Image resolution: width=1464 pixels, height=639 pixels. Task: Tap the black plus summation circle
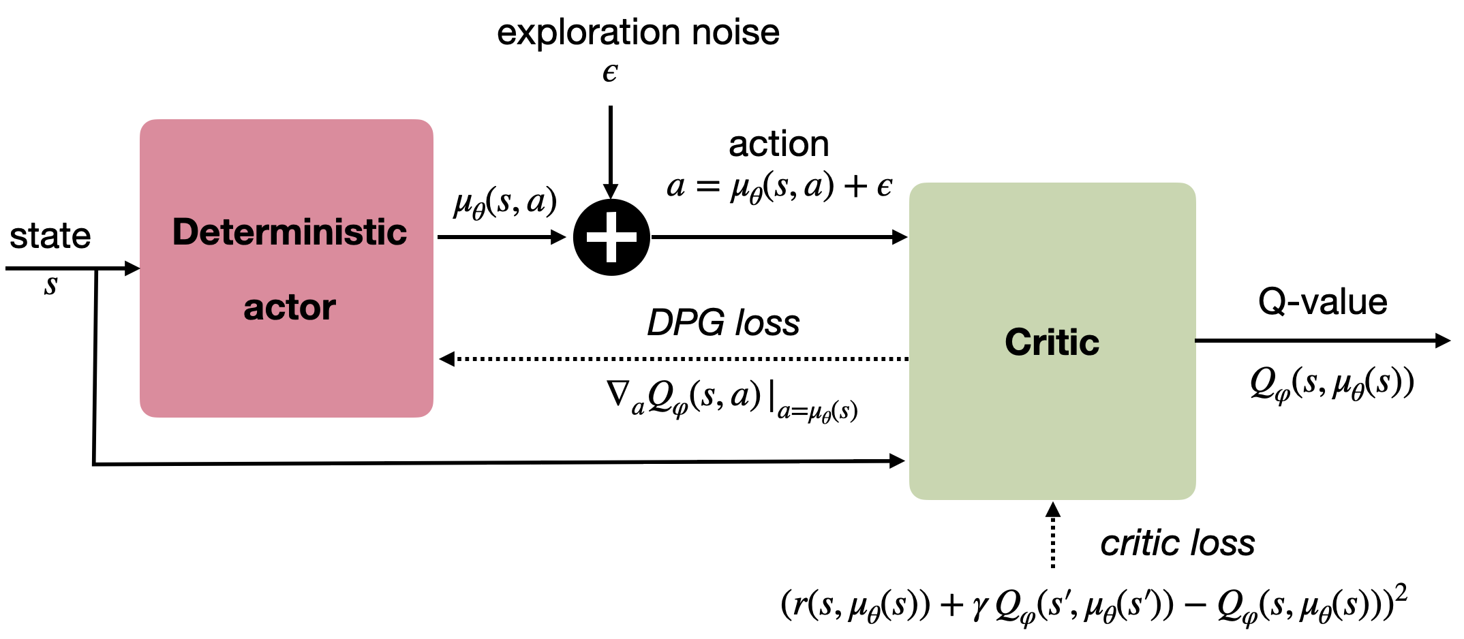[x=611, y=237]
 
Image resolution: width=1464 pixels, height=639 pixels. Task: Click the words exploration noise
[x=638, y=32]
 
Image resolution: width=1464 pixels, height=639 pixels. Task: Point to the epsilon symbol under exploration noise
[x=610, y=73]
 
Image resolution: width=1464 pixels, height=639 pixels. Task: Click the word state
[x=50, y=236]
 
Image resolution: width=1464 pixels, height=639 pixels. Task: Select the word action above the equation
[x=779, y=144]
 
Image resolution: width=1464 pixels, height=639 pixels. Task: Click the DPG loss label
[x=723, y=322]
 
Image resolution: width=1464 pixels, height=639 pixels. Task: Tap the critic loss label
[x=1177, y=544]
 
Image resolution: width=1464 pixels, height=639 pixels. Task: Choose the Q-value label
[x=1322, y=302]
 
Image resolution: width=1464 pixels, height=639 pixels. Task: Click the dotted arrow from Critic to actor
[x=675, y=358]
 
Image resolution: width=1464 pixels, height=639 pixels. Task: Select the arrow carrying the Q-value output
[x=1322, y=341]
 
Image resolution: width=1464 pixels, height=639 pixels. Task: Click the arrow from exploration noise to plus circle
[x=611, y=150]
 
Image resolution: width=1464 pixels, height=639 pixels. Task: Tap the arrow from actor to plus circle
[x=501, y=237]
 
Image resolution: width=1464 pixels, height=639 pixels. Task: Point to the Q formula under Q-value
[x=1332, y=384]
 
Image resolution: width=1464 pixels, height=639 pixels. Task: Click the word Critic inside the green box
[x=1052, y=342]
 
